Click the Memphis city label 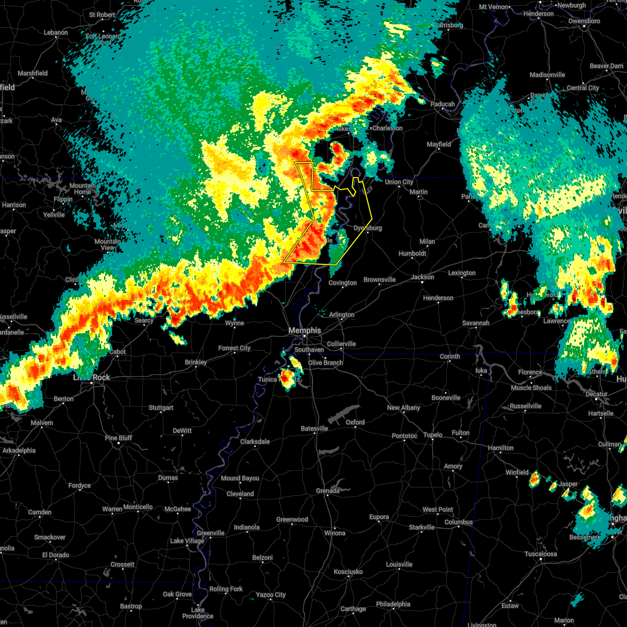pyautogui.click(x=305, y=330)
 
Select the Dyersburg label pyautogui.click(x=368, y=228)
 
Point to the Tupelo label pyautogui.click(x=433, y=435)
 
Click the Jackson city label pyautogui.click(x=422, y=277)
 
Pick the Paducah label pyautogui.click(x=443, y=104)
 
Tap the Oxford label pyautogui.click(x=355, y=422)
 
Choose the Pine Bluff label pyautogui.click(x=119, y=438)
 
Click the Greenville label pyautogui.click(x=211, y=533)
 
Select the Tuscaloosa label pyautogui.click(x=541, y=554)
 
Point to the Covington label pyautogui.click(x=343, y=283)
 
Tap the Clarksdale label pyautogui.click(x=255, y=442)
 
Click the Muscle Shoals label pyautogui.click(x=531, y=388)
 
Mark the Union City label pyautogui.click(x=399, y=182)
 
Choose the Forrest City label pyautogui.click(x=235, y=348)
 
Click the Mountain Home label pyautogui.click(x=83, y=189)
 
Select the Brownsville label pyautogui.click(x=380, y=280)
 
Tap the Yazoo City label pyautogui.click(x=271, y=595)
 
